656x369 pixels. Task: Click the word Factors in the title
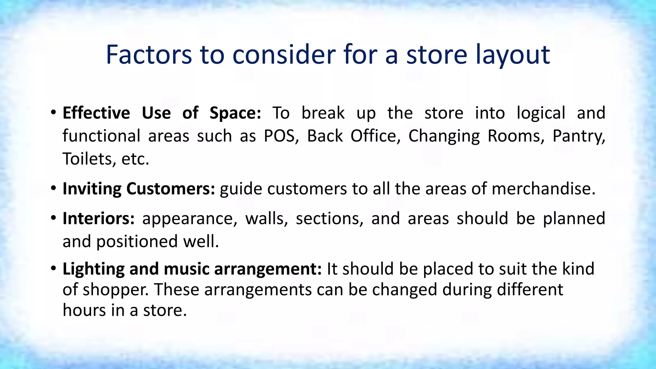tap(149, 55)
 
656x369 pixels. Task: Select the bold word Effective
tap(96, 113)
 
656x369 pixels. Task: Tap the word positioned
tap(137, 242)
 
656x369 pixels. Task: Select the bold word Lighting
tap(93, 269)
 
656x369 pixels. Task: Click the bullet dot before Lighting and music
tap(53, 268)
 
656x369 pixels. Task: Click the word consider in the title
tap(285, 55)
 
